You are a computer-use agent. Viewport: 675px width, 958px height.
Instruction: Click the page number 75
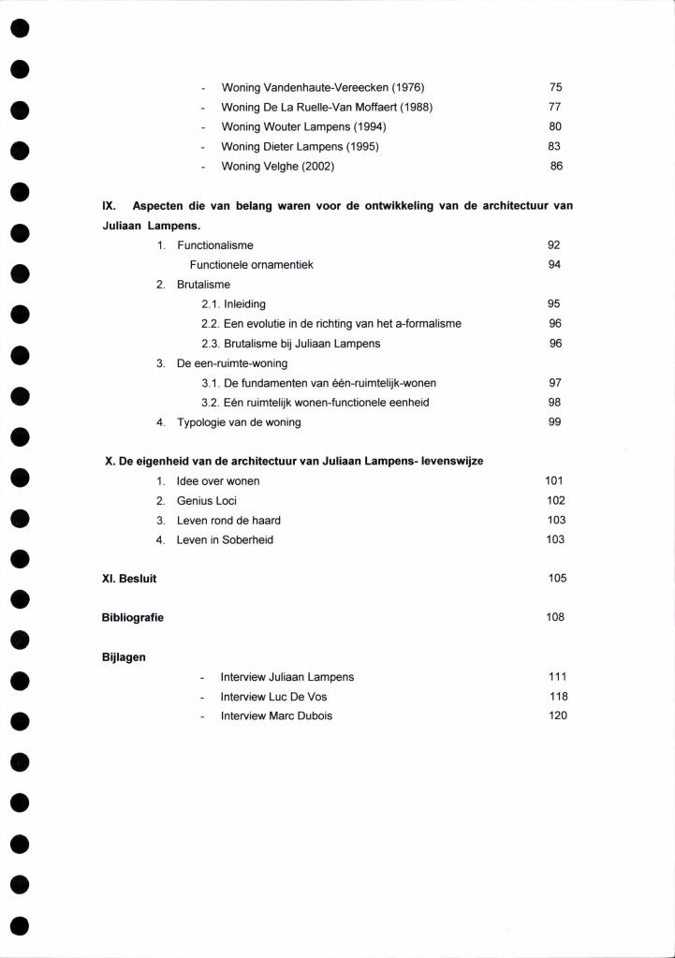555,87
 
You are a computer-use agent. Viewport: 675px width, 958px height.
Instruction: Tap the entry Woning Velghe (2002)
277,167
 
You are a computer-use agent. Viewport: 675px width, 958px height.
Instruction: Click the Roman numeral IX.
109,206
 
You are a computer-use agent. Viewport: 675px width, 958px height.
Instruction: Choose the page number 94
554,265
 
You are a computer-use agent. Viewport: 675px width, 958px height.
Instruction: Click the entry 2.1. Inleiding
233,304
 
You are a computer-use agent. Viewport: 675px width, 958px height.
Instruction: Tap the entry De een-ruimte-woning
231,363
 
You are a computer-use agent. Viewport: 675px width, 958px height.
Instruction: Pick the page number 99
554,422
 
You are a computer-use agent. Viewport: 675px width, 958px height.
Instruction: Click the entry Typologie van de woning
239,422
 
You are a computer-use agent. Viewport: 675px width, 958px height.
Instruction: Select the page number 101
554,481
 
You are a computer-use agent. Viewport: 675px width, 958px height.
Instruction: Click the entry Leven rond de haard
228,521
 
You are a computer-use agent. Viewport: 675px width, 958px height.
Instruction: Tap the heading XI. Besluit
129,579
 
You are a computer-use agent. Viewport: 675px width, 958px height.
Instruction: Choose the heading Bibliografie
132,618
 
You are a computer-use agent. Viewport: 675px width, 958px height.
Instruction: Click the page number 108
555,618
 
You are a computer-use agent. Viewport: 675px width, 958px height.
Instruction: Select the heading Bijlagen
123,657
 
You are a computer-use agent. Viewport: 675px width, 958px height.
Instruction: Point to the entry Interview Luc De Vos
273,697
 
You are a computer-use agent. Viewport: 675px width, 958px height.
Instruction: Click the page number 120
558,716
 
